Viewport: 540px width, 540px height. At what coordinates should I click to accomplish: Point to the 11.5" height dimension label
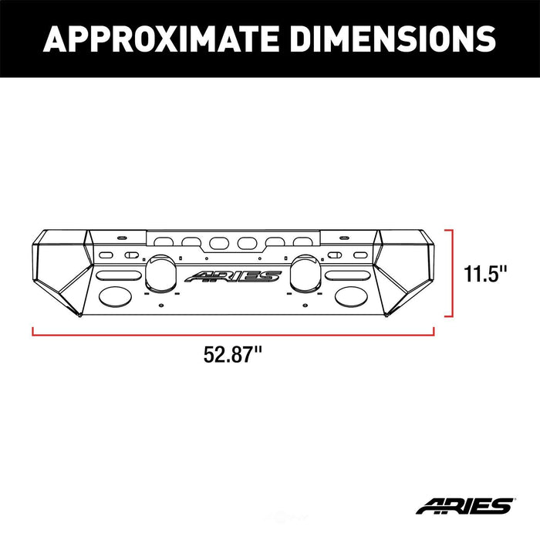click(x=485, y=274)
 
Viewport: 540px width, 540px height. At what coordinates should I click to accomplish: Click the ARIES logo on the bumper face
click(x=232, y=276)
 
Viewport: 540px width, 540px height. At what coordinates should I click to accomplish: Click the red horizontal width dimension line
click(x=233, y=333)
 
